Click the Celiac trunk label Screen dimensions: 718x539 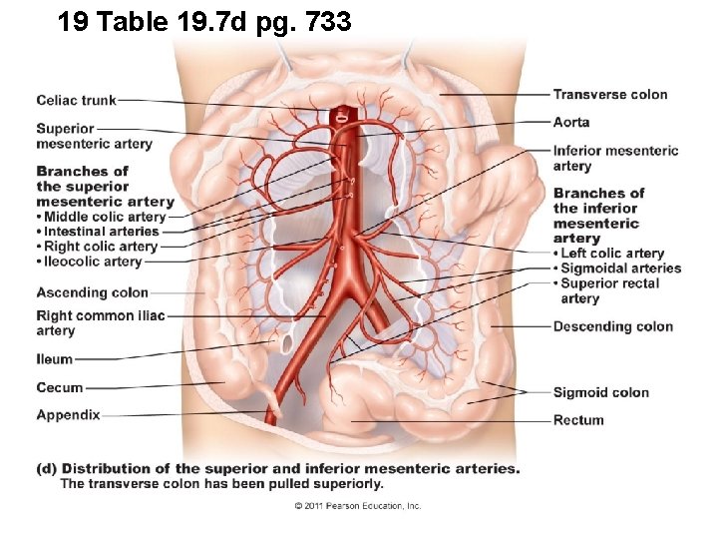76,100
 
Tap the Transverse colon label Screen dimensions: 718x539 610,95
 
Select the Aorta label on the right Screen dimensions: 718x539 571,122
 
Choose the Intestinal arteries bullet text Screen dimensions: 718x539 101,232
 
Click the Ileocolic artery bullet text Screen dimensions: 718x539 93,262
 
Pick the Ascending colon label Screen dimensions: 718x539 92,292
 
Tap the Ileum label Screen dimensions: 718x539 55,359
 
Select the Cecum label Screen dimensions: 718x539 60,387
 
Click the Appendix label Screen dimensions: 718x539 68,414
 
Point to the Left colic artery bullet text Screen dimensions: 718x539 612,254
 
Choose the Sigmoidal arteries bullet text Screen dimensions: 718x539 620,268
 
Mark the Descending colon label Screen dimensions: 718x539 612,326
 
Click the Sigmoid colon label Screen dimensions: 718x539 600,392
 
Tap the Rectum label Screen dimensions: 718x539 578,420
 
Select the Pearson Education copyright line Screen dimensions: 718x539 358,506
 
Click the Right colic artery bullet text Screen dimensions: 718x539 101,247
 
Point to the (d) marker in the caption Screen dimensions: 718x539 46,468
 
